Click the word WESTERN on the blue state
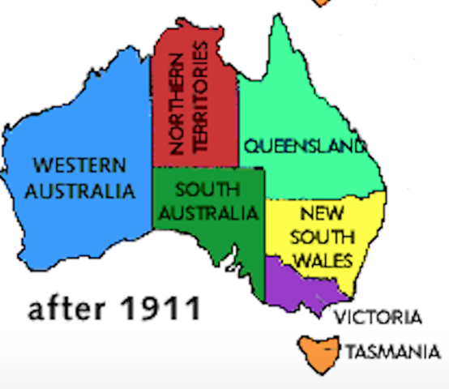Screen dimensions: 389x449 pyautogui.click(x=79, y=166)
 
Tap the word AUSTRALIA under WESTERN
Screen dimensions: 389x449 pyautogui.click(x=79, y=191)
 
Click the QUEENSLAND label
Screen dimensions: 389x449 pyautogui.click(x=305, y=147)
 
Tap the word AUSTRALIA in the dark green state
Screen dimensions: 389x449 pyautogui.click(x=207, y=214)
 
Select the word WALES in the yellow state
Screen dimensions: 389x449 pyautogui.click(x=323, y=260)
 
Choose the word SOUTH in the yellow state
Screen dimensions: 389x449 pyautogui.click(x=323, y=237)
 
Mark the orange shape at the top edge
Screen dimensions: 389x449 pyautogui.click(x=323, y=2)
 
